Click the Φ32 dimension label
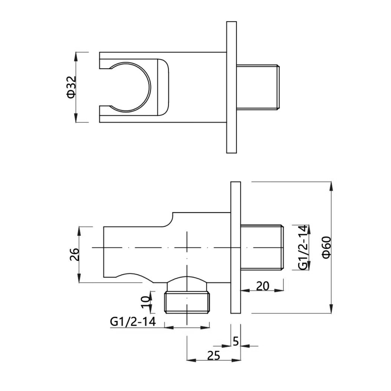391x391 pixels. click(x=71, y=87)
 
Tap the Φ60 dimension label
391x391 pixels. click(x=326, y=247)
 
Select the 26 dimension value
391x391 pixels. click(x=74, y=254)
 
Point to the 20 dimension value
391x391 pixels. click(x=262, y=286)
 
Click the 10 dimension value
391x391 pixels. click(x=147, y=302)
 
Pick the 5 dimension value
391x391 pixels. click(x=236, y=341)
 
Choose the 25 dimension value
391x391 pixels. click(x=213, y=355)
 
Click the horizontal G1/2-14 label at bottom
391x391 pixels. click(x=133, y=322)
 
